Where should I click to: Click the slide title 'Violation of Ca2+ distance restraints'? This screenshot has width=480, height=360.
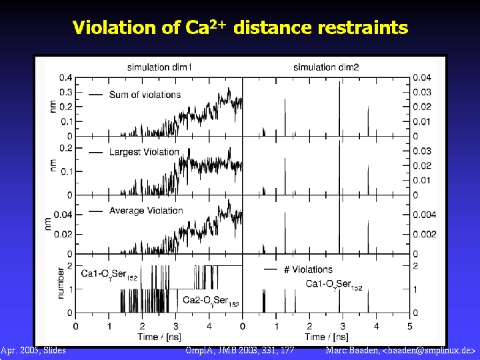click(x=239, y=28)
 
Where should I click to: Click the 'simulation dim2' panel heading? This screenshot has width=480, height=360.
click(x=326, y=68)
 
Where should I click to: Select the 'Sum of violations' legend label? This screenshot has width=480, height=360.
click(x=145, y=95)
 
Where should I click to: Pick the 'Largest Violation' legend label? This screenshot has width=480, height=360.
click(x=144, y=152)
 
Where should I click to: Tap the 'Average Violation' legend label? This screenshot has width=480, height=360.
click(x=145, y=211)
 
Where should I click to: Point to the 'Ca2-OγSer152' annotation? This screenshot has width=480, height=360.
click(x=211, y=301)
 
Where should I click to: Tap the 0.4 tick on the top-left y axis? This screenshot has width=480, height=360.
click(x=65, y=77)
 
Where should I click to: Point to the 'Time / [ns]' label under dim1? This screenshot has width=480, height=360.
click(x=157, y=337)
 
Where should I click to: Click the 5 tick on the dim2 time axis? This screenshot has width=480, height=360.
click(x=410, y=327)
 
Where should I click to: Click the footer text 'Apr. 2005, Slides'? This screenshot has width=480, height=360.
click(x=33, y=350)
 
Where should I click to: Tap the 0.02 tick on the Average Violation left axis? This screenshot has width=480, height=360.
click(x=63, y=234)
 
